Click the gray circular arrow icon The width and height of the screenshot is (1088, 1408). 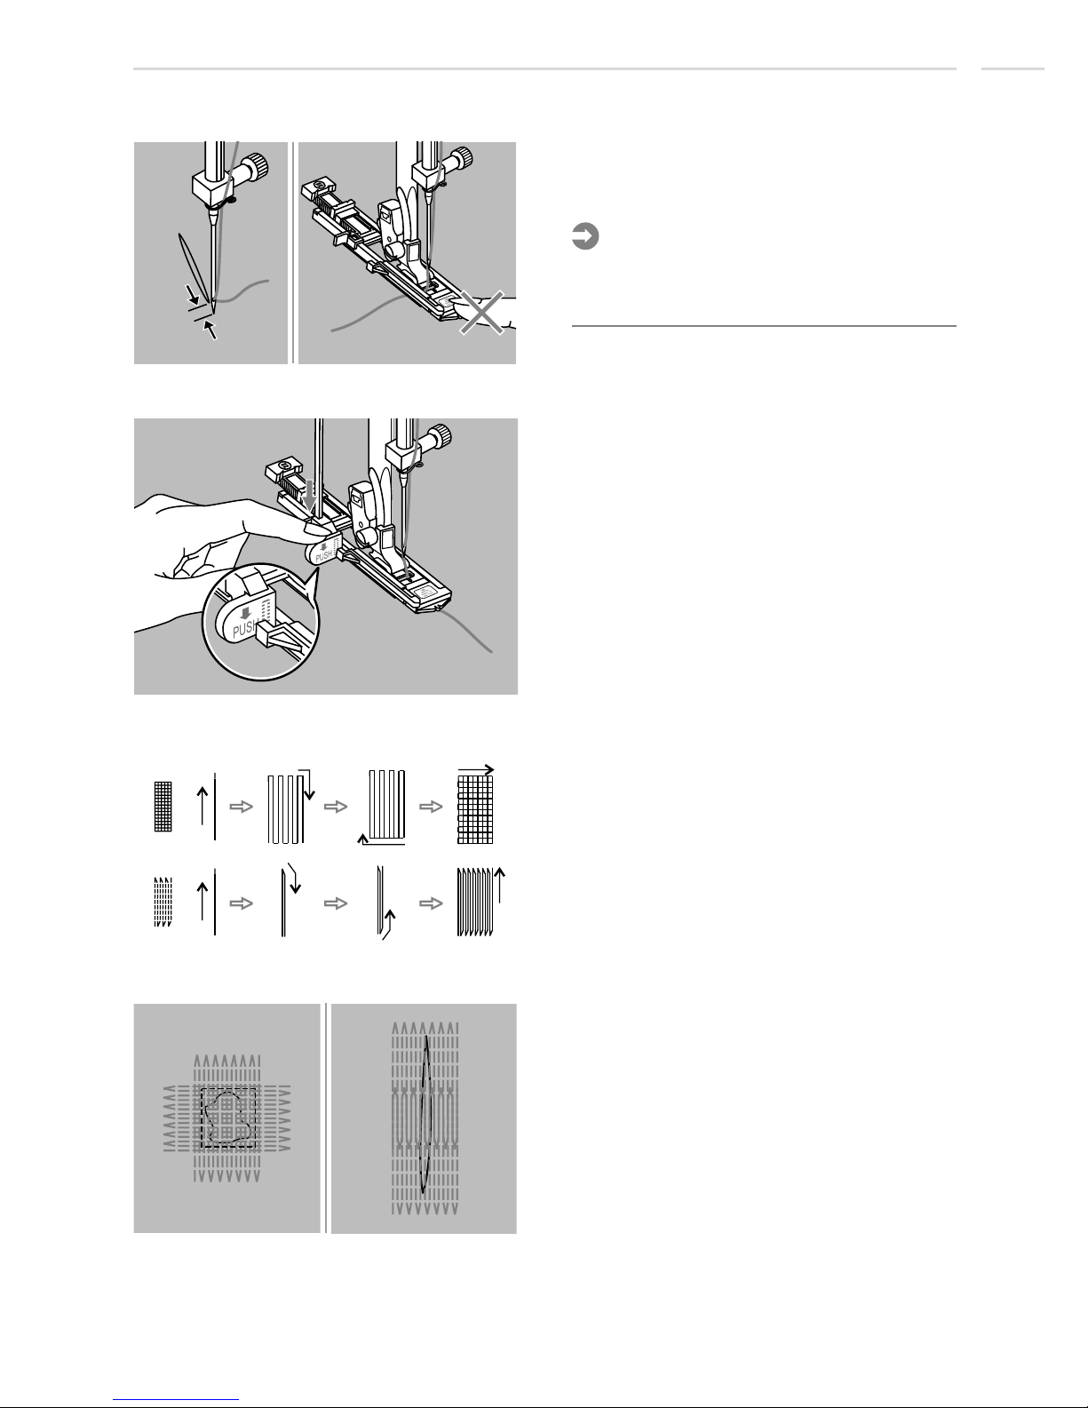pyautogui.click(x=584, y=236)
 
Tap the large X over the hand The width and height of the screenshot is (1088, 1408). pyautogui.click(x=481, y=313)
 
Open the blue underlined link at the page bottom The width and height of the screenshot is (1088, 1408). pyautogui.click(x=176, y=1400)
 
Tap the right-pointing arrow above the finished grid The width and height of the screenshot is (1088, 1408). pyautogui.click(x=476, y=770)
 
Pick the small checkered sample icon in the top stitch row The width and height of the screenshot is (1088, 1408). pyautogui.click(x=163, y=807)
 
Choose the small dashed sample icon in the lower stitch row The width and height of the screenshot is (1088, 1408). pyautogui.click(x=163, y=902)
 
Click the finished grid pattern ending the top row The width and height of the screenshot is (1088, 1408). pyautogui.click(x=475, y=809)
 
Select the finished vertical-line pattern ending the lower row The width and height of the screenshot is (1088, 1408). pyautogui.click(x=475, y=902)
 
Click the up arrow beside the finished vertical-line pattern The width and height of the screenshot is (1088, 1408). pyautogui.click(x=499, y=885)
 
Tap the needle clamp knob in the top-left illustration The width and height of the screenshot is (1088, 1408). pyautogui.click(x=257, y=167)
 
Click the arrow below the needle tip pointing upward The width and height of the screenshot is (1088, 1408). pyautogui.click(x=210, y=330)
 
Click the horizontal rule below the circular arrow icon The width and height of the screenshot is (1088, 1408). pyautogui.click(x=764, y=326)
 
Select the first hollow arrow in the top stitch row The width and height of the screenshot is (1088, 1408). pyautogui.click(x=241, y=807)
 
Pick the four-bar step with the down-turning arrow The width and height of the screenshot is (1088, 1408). pyautogui.click(x=290, y=807)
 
